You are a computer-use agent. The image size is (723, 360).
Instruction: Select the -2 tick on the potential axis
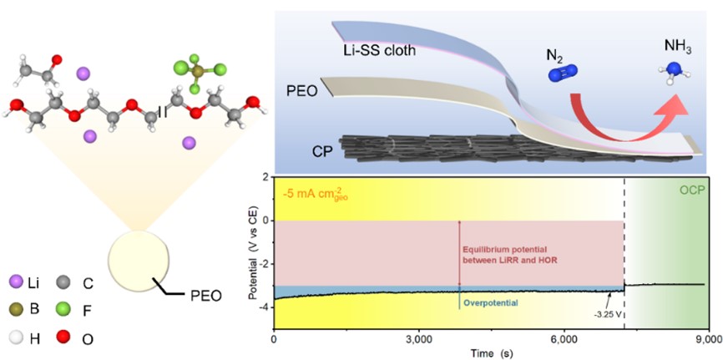265,264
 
